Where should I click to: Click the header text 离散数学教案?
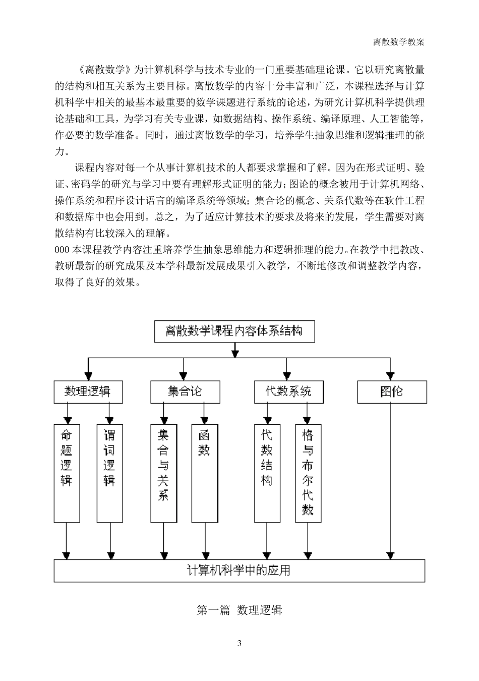point(398,42)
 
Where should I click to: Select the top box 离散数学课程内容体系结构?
point(234,332)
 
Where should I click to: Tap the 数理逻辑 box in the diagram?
point(88,392)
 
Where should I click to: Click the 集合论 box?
point(185,392)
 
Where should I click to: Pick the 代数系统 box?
point(289,392)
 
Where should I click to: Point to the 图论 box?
point(392,392)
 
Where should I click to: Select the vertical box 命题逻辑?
point(67,473)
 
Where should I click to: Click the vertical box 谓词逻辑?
point(109,473)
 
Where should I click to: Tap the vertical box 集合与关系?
point(163,473)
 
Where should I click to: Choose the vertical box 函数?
point(204,473)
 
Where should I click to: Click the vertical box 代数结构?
point(267,473)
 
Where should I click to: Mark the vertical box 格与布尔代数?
point(308,473)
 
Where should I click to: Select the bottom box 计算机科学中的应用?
point(239,571)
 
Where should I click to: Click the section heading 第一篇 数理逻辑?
point(239,610)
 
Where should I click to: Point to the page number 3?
point(239,643)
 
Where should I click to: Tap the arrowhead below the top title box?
point(234,352)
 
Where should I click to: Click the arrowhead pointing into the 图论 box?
point(390,376)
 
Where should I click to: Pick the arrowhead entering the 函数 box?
point(204,420)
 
